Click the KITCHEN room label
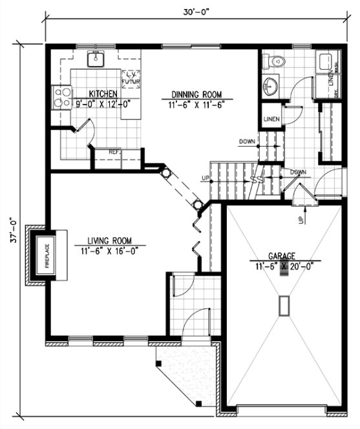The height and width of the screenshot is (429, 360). (102, 93)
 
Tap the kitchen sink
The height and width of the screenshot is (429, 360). (95, 59)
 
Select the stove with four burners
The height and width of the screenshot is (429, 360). (62, 98)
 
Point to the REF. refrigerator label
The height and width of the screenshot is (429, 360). (114, 152)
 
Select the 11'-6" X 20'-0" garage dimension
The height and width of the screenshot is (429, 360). (282, 264)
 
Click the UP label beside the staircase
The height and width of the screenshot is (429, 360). (206, 178)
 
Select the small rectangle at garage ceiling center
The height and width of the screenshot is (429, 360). (282, 306)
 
